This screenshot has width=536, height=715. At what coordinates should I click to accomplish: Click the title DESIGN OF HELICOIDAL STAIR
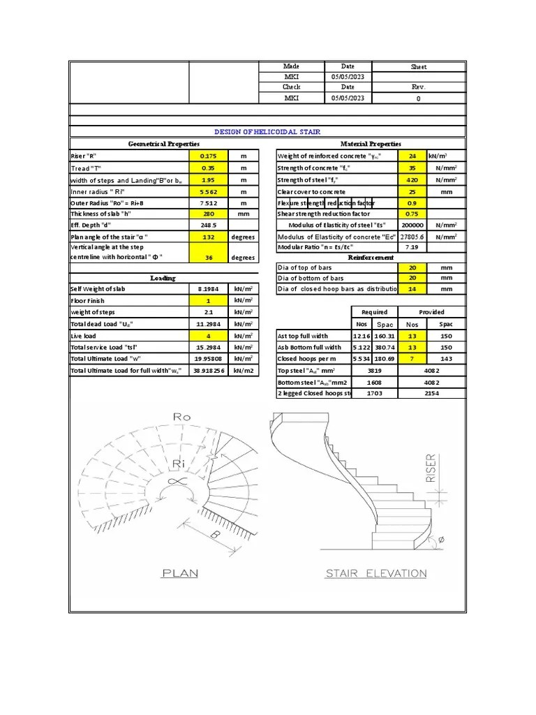point(268,131)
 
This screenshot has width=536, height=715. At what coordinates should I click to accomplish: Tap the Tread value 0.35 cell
point(208,168)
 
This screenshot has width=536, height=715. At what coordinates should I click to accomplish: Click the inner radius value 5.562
point(208,191)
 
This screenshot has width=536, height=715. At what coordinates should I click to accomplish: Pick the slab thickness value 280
point(208,214)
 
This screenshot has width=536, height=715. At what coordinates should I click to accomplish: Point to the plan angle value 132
point(208,237)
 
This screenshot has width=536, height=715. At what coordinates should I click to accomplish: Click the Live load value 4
point(208,336)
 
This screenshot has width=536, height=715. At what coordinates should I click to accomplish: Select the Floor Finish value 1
point(208,300)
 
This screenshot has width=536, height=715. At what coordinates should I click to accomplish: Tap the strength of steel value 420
point(411,179)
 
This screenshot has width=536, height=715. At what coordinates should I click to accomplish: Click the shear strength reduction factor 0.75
point(411,214)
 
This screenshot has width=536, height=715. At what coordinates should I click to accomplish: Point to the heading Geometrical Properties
point(163,144)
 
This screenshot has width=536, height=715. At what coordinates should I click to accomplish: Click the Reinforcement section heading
point(371,258)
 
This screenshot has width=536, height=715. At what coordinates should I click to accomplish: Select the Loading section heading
point(163,278)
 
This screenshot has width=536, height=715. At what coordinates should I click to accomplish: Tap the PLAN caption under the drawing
point(180,574)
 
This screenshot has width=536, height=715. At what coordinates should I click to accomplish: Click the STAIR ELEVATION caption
point(376,574)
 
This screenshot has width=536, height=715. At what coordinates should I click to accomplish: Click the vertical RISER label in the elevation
point(431,469)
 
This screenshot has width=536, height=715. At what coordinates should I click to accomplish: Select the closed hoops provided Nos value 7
point(411,358)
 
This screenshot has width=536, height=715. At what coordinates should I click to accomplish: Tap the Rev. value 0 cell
point(419,98)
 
